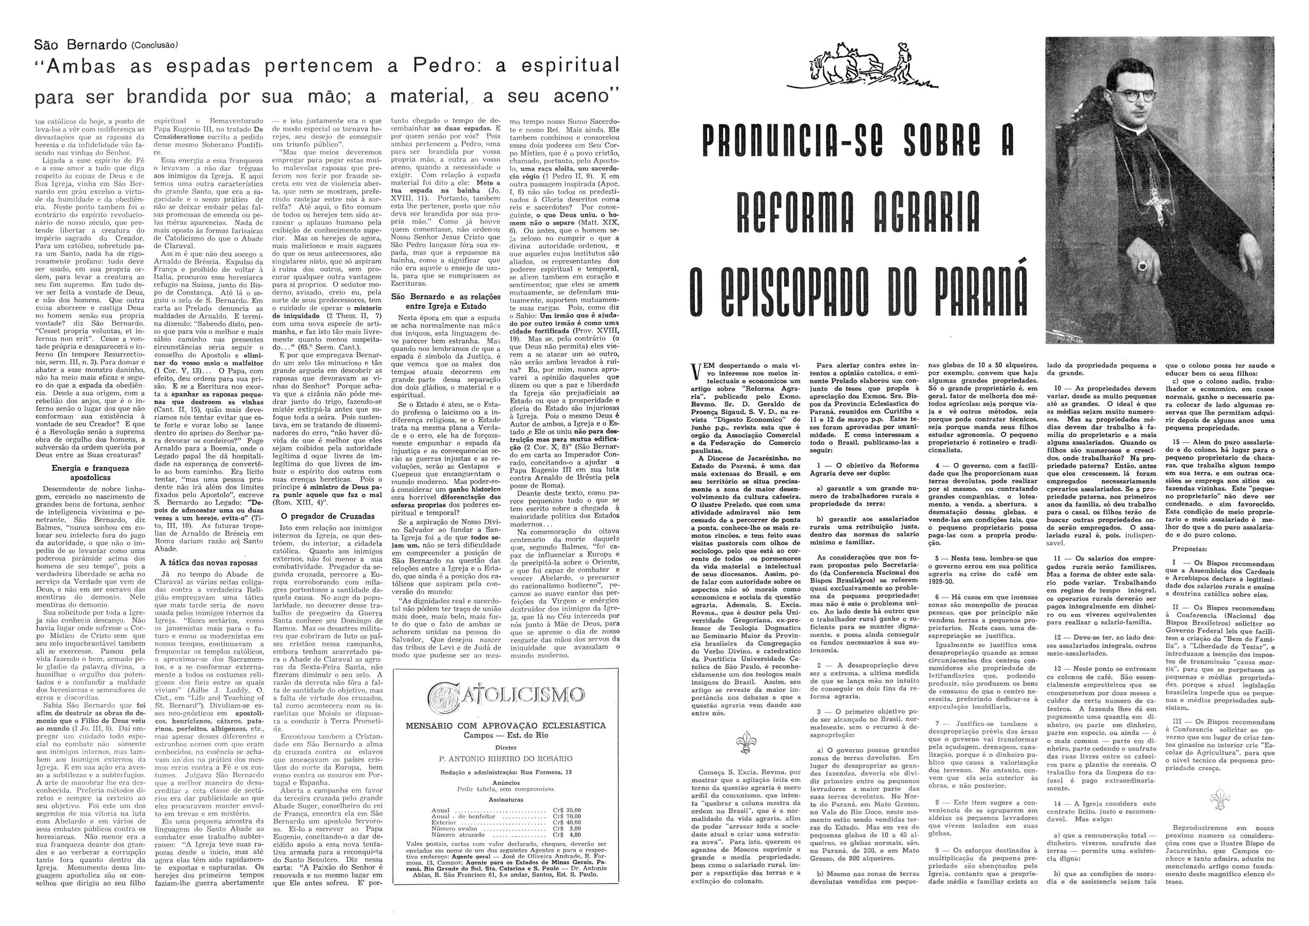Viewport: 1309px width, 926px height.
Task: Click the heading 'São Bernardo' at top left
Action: (79, 44)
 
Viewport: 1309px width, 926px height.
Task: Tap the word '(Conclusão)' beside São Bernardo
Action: (156, 45)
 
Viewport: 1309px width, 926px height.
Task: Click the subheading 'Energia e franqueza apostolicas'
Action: (90, 472)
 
